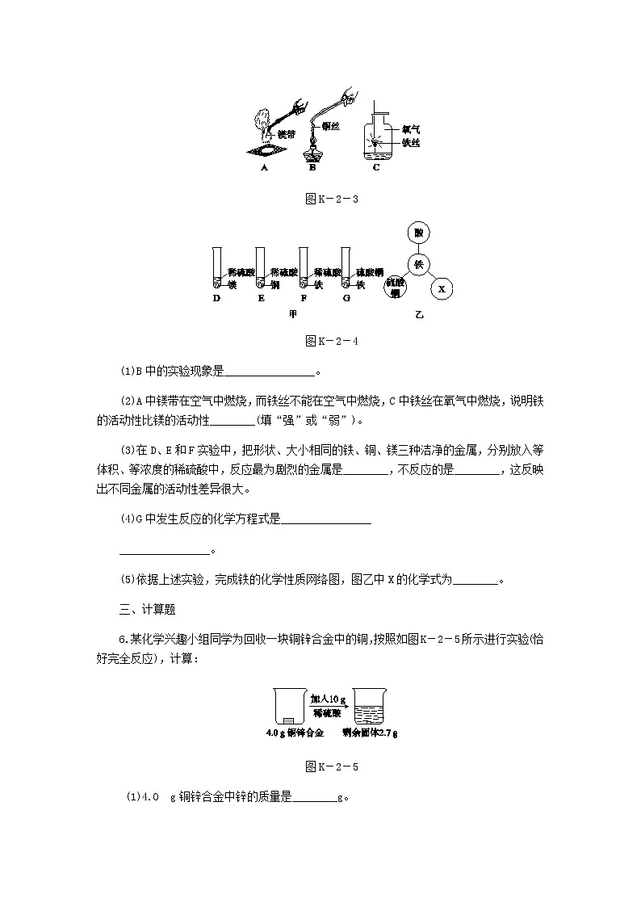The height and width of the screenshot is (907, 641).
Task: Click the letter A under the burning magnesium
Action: click(264, 168)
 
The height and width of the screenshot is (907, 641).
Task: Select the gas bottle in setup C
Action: click(377, 137)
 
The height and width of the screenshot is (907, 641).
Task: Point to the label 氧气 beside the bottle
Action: click(411, 128)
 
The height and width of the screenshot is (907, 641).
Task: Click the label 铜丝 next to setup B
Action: click(330, 125)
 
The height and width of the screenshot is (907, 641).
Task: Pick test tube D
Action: click(216, 267)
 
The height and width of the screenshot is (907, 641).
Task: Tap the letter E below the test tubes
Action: click(262, 298)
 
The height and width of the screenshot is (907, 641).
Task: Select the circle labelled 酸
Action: click(417, 233)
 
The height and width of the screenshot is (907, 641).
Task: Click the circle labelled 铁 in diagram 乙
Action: click(417, 264)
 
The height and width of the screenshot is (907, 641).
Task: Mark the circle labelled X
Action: click(442, 288)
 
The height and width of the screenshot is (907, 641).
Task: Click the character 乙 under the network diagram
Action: click(418, 314)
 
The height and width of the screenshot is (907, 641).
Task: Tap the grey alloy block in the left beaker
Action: click(288, 720)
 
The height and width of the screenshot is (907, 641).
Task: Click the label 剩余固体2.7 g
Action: click(371, 733)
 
